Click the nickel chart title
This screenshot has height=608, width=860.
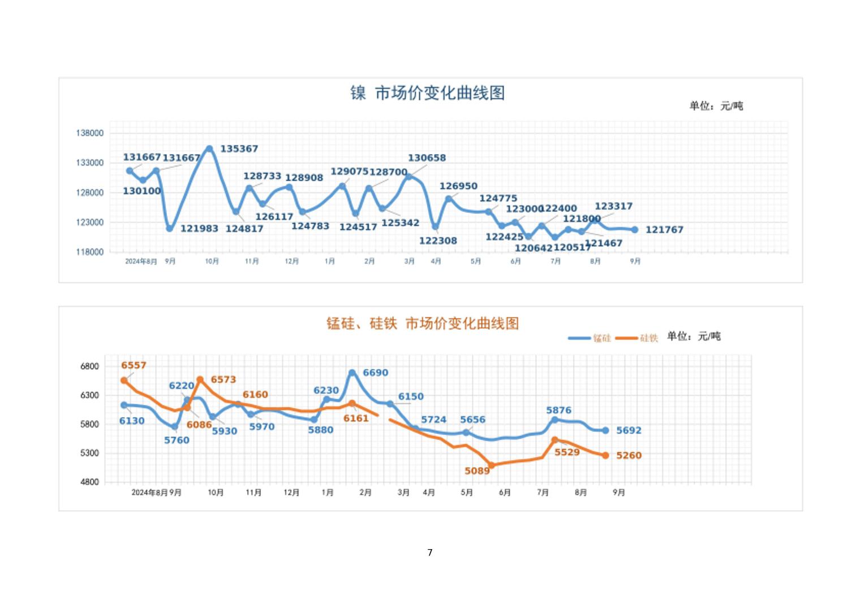[x=427, y=93]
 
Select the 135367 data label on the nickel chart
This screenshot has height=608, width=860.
[x=239, y=149]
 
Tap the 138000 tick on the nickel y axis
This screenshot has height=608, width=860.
[x=90, y=133]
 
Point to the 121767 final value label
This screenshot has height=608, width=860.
[x=664, y=230]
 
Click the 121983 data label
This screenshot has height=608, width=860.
[x=199, y=229]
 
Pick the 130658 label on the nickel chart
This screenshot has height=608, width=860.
[x=427, y=158]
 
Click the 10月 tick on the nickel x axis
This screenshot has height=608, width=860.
[x=212, y=261]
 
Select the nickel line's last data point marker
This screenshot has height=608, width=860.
[x=635, y=230]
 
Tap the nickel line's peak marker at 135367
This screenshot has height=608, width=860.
[x=209, y=149]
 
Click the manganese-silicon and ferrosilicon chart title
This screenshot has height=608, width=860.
[x=423, y=323]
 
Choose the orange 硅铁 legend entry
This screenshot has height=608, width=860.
[x=637, y=338]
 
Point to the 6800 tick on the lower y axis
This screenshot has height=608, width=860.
[x=89, y=366]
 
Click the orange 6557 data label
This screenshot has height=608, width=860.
[x=134, y=366]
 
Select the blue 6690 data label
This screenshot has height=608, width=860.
[x=375, y=373]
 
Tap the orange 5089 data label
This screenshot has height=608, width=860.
[x=477, y=471]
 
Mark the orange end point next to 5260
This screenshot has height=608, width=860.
[x=605, y=456]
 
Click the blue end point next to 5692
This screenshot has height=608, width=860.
[x=605, y=431]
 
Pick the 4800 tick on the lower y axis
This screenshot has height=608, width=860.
[x=89, y=482]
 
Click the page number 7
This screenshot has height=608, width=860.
[x=430, y=553]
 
